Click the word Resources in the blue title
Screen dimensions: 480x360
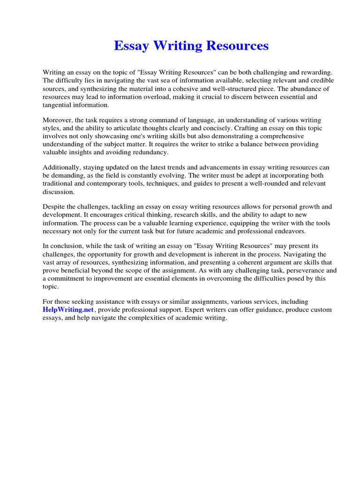coord(239,45)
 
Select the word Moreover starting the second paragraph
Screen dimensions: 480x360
coord(59,120)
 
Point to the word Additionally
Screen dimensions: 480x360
coord(63,167)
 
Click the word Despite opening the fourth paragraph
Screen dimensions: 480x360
coord(55,206)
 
